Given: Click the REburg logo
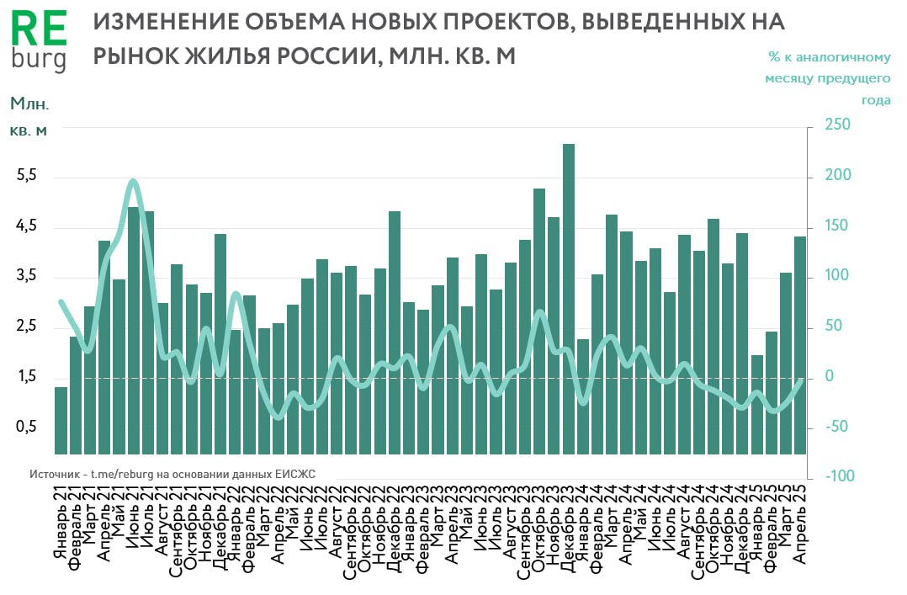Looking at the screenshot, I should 38,41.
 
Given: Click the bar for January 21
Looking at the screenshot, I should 61,420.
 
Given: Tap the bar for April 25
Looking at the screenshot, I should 801,345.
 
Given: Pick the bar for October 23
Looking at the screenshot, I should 539,321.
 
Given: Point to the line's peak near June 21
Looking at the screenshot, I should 134,181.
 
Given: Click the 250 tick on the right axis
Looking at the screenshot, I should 838,125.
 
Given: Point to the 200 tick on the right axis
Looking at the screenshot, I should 838,176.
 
